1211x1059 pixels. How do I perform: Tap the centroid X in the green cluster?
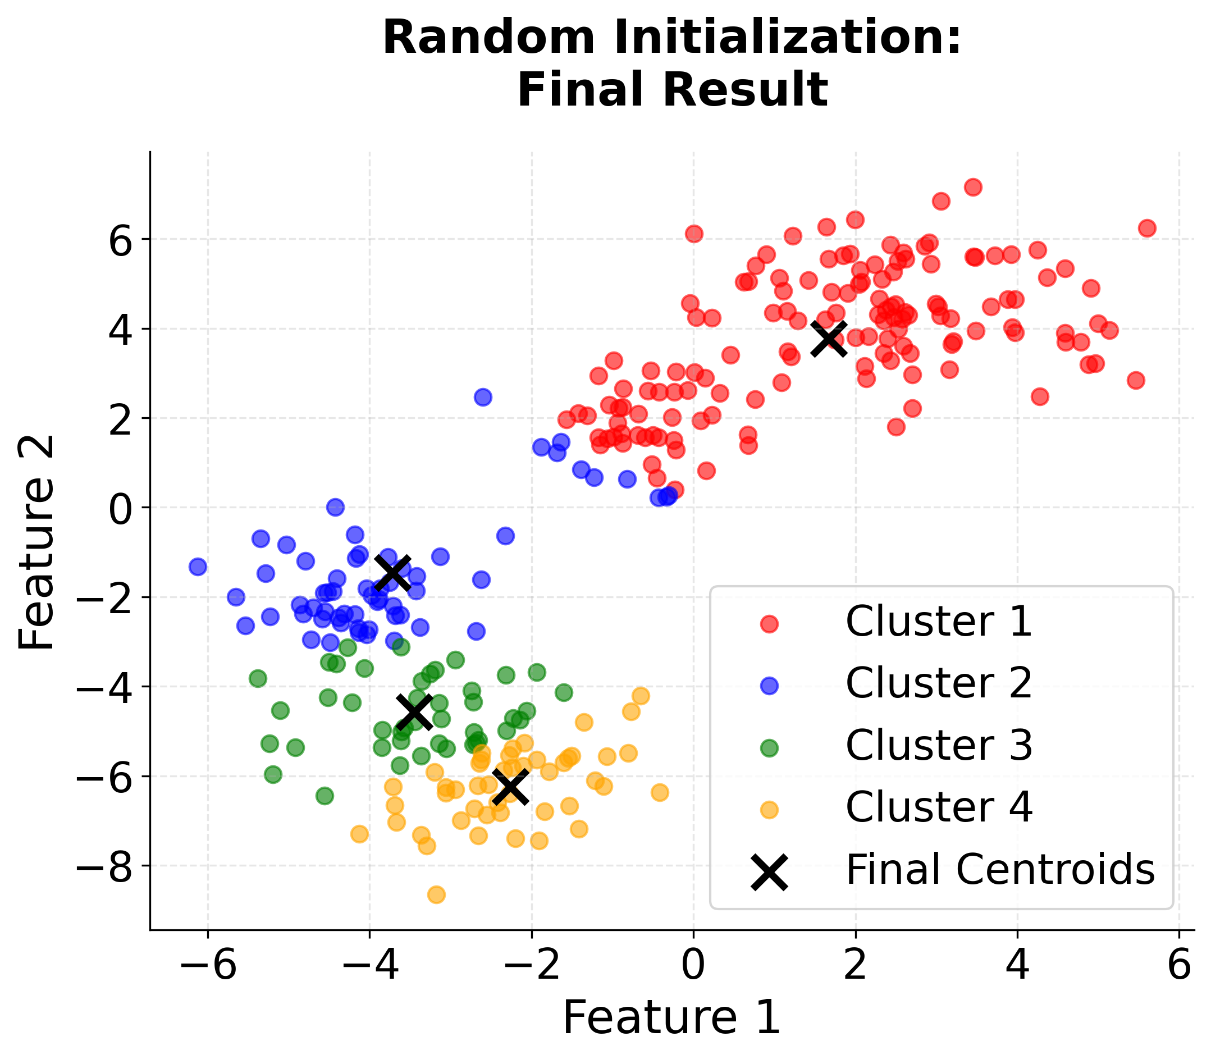pos(414,711)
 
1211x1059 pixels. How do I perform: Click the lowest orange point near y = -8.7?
pos(437,894)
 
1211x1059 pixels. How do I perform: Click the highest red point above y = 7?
pos(973,188)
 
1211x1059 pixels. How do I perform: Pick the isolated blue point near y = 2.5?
pos(483,397)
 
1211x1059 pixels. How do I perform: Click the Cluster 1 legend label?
pos(939,622)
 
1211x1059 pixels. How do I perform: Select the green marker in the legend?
pos(769,748)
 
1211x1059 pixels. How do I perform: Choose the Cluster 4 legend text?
pos(939,807)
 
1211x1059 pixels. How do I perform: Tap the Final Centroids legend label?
pos(999,870)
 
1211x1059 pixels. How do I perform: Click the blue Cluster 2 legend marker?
pos(769,686)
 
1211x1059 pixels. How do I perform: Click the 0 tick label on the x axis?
pos(693,967)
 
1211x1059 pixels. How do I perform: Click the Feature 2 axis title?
pos(36,542)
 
